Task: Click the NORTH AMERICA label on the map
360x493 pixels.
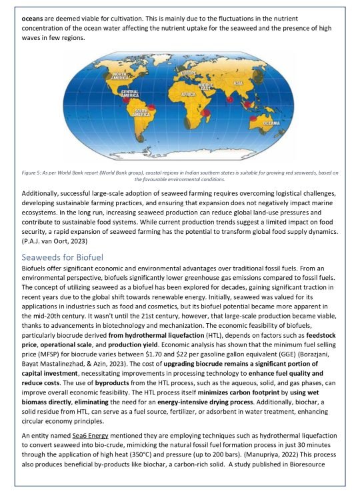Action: [x=123, y=77]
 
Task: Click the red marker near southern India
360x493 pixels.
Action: [x=229, y=100]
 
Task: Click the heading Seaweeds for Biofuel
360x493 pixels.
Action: [x=61, y=238]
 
